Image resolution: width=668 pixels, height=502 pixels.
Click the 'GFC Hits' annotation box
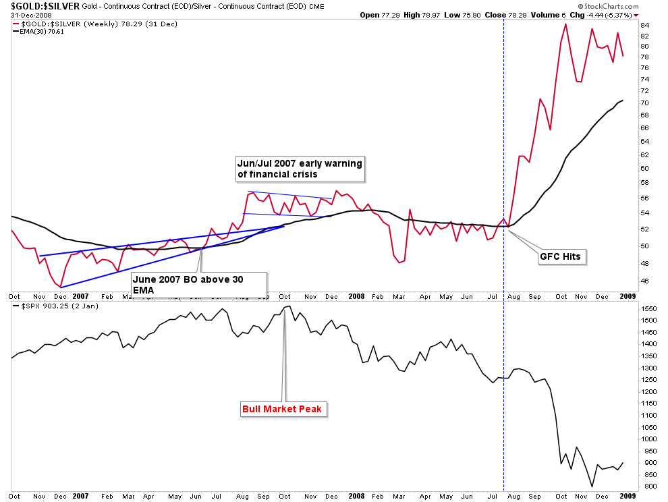tap(560, 256)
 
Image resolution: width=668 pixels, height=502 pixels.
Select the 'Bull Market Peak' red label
tap(284, 408)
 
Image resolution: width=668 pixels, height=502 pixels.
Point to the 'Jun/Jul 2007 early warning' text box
tap(299, 169)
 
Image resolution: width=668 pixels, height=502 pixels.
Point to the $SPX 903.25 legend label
tap(49, 307)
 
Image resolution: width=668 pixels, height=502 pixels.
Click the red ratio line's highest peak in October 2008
tap(565, 24)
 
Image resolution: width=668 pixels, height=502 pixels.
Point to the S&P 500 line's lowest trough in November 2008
tap(592, 486)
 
